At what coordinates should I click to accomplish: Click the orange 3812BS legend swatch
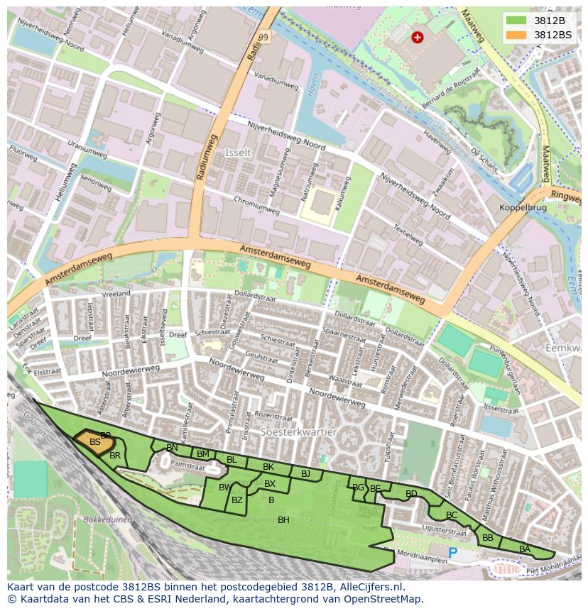click(x=516, y=35)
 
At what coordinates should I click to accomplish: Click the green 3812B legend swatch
click(x=516, y=21)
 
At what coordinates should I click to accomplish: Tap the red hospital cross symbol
click(x=418, y=37)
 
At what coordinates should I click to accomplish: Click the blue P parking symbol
click(x=452, y=551)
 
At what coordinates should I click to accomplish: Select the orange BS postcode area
click(x=94, y=442)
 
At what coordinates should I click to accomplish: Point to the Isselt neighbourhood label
click(x=237, y=153)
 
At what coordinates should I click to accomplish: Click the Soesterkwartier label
click(x=298, y=431)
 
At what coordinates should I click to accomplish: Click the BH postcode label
click(x=283, y=520)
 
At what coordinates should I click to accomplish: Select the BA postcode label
click(x=525, y=549)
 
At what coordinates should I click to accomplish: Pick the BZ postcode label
click(x=237, y=500)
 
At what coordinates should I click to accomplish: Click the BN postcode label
click(x=172, y=448)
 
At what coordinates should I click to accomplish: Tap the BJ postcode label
click(x=305, y=473)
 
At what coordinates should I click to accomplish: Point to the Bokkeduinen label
click(x=108, y=519)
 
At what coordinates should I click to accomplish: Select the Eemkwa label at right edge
click(x=564, y=348)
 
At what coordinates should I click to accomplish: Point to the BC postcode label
click(x=452, y=515)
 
